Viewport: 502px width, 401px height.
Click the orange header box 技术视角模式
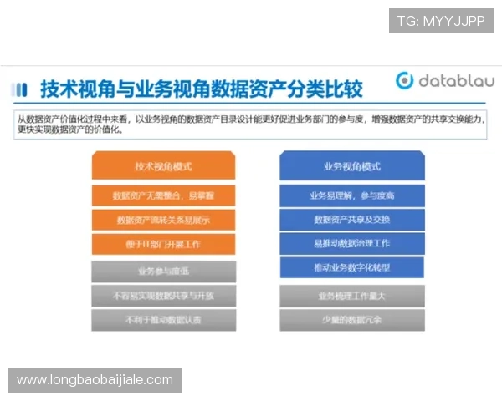[163, 166]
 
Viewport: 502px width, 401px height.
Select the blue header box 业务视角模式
[351, 166]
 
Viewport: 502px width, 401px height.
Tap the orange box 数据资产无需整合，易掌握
[163, 195]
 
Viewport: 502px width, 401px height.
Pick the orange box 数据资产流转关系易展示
[163, 220]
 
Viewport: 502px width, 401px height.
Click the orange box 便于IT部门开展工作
[163, 244]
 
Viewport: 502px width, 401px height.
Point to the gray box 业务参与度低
[163, 271]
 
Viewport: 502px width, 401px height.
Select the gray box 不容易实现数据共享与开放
[163, 295]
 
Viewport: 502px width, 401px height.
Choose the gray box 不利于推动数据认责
[163, 319]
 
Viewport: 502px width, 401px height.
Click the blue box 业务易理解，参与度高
[351, 195]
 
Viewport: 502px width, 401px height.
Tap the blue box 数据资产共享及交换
[351, 220]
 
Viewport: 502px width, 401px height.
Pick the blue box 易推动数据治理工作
[351, 243]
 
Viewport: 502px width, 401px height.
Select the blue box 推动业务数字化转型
[351, 267]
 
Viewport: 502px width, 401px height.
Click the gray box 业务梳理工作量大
[351, 296]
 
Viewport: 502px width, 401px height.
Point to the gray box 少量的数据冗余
[351, 319]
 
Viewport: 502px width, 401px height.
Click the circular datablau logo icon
[405, 80]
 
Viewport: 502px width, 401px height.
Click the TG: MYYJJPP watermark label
[441, 20]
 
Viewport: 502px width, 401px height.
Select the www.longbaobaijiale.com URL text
[95, 380]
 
